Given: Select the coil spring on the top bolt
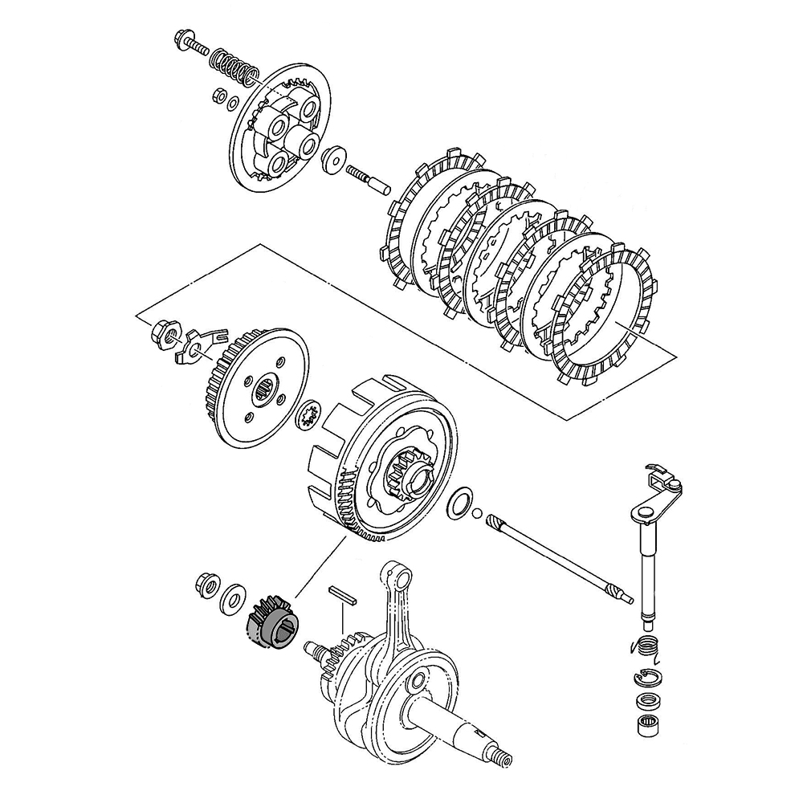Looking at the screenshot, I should [x=234, y=66].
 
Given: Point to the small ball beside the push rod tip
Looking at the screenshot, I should [x=478, y=515].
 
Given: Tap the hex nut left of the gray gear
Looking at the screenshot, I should [x=205, y=586].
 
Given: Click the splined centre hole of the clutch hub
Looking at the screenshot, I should [x=266, y=393].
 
